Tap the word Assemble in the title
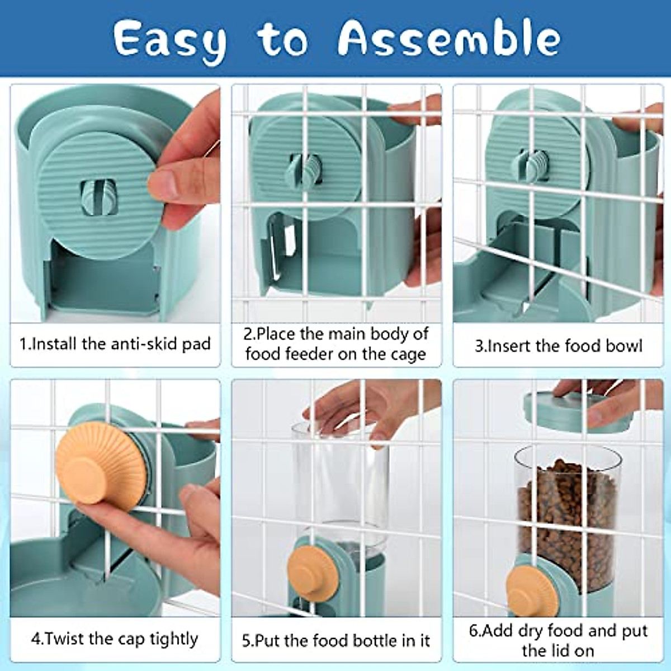(x=448, y=39)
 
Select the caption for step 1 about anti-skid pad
(x=115, y=343)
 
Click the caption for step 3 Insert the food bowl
(x=558, y=346)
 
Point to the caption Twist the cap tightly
(x=115, y=639)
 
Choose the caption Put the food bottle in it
(x=336, y=640)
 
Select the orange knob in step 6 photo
(x=531, y=593)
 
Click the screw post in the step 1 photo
(x=98, y=197)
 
